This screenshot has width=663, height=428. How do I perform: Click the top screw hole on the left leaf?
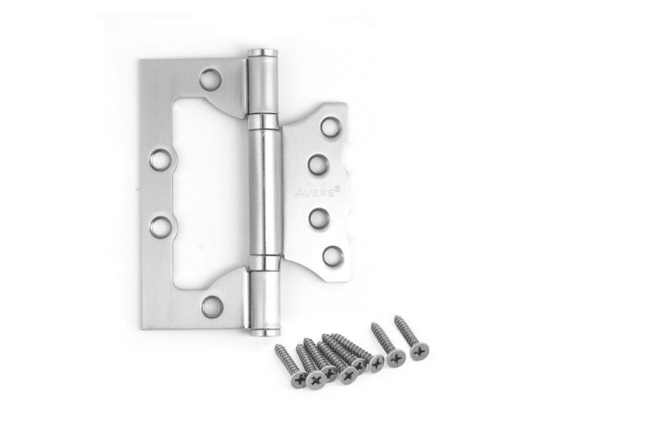click(x=211, y=80)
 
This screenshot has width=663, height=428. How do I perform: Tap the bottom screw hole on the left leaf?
click(x=212, y=306)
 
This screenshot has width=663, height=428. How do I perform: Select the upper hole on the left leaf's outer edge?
click(x=161, y=159)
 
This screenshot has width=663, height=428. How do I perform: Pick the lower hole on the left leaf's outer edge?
click(x=162, y=226)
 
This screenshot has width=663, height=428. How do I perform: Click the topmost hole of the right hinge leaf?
click(x=331, y=127)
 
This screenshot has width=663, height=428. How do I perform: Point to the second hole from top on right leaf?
click(x=318, y=165)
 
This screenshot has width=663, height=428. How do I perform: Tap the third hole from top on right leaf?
click(x=319, y=218)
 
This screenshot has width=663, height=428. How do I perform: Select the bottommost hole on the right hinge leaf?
click(x=332, y=255)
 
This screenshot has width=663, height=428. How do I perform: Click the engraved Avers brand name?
click(x=314, y=194)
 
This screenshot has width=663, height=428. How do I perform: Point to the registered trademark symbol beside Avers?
click(x=337, y=189)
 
